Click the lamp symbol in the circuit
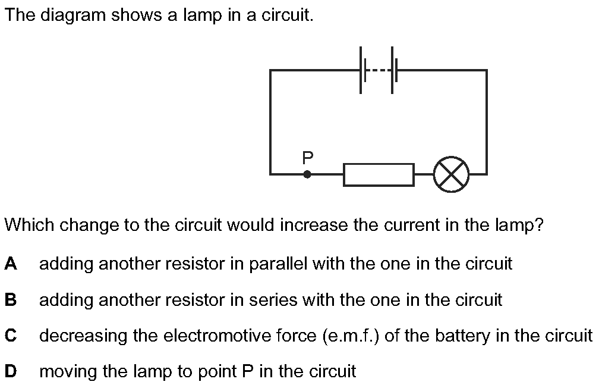tap(451, 174)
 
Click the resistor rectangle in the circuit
tap(379, 174)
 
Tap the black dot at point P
tap(307, 174)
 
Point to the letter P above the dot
tap(307, 157)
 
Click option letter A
tap(10, 264)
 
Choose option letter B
tap(10, 299)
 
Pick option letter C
tap(10, 336)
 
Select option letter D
tap(10, 371)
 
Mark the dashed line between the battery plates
tap(377, 70)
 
